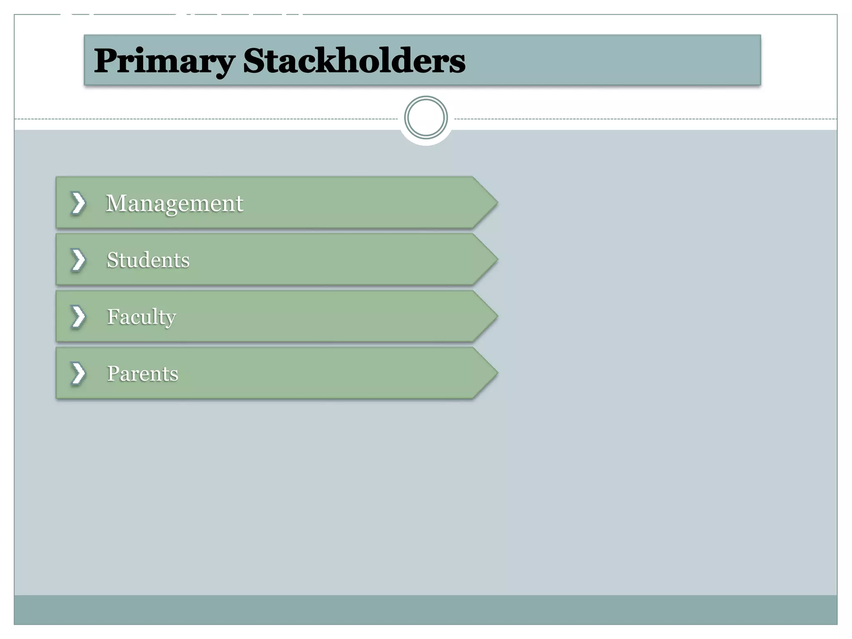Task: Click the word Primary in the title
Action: click(x=164, y=61)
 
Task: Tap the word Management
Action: click(x=174, y=203)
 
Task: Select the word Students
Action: click(x=148, y=260)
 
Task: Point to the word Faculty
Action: click(x=141, y=317)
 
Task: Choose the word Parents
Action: click(x=143, y=374)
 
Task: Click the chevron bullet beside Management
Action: click(x=78, y=203)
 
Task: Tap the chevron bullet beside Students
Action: click(x=78, y=260)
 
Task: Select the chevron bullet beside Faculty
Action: click(x=78, y=317)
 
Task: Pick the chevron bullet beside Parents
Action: click(x=78, y=373)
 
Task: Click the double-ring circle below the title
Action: click(x=426, y=118)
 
